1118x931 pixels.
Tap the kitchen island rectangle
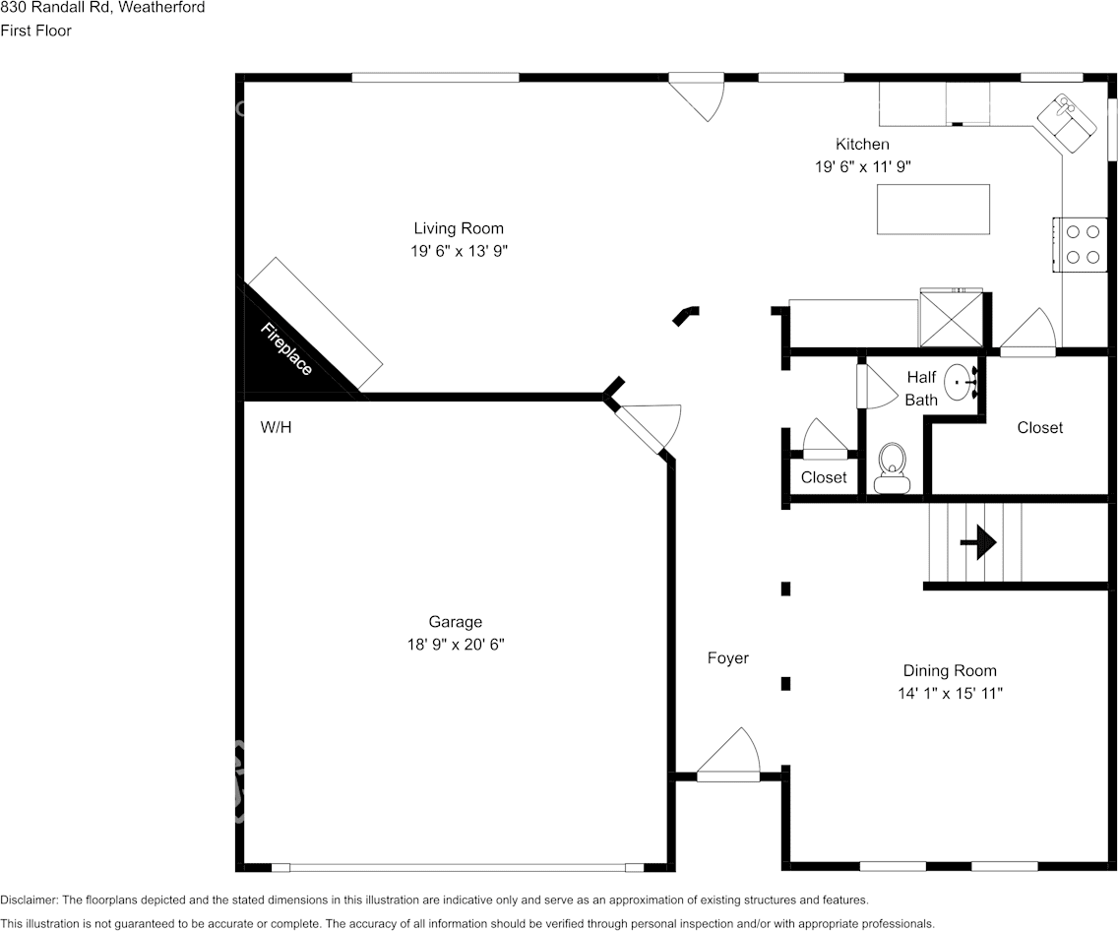click(x=933, y=209)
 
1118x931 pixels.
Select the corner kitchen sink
click(x=1065, y=121)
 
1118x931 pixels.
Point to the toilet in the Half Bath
click(x=893, y=465)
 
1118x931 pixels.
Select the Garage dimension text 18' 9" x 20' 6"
click(x=455, y=645)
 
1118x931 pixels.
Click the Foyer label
click(x=728, y=658)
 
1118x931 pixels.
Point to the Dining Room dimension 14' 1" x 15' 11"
click(x=951, y=693)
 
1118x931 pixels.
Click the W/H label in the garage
click(x=276, y=427)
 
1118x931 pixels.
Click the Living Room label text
click(x=459, y=229)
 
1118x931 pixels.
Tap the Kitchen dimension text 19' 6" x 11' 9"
click(x=862, y=167)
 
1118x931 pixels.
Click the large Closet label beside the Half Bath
click(x=1040, y=427)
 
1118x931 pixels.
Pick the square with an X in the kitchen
click(x=951, y=318)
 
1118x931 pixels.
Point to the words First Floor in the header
click(x=35, y=31)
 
